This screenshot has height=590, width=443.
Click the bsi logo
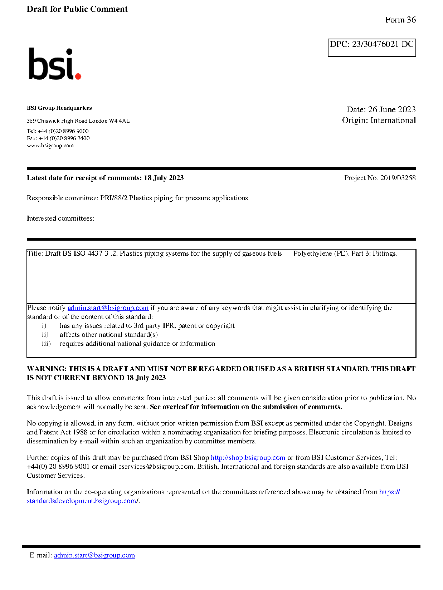[54, 64]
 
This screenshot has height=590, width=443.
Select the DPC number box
[372, 48]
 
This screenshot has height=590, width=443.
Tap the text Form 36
[400, 20]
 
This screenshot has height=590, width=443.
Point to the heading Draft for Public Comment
[77, 9]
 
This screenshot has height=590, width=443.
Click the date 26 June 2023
[392, 109]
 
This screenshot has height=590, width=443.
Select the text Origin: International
[379, 121]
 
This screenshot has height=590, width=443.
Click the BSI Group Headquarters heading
[59, 108]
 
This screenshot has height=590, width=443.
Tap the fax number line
[58, 138]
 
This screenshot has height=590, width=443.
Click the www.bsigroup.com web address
[50, 146]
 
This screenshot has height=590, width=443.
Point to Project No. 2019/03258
[380, 178]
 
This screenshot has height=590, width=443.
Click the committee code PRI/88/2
[114, 198]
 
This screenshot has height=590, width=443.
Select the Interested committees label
[60, 218]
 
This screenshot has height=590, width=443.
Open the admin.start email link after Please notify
[108, 308]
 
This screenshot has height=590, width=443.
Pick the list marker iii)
[46, 344]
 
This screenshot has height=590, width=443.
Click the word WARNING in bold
[47, 369]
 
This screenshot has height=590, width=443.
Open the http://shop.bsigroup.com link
[248, 458]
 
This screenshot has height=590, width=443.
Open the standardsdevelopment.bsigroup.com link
[82, 501]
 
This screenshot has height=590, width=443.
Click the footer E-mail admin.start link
[94, 555]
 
